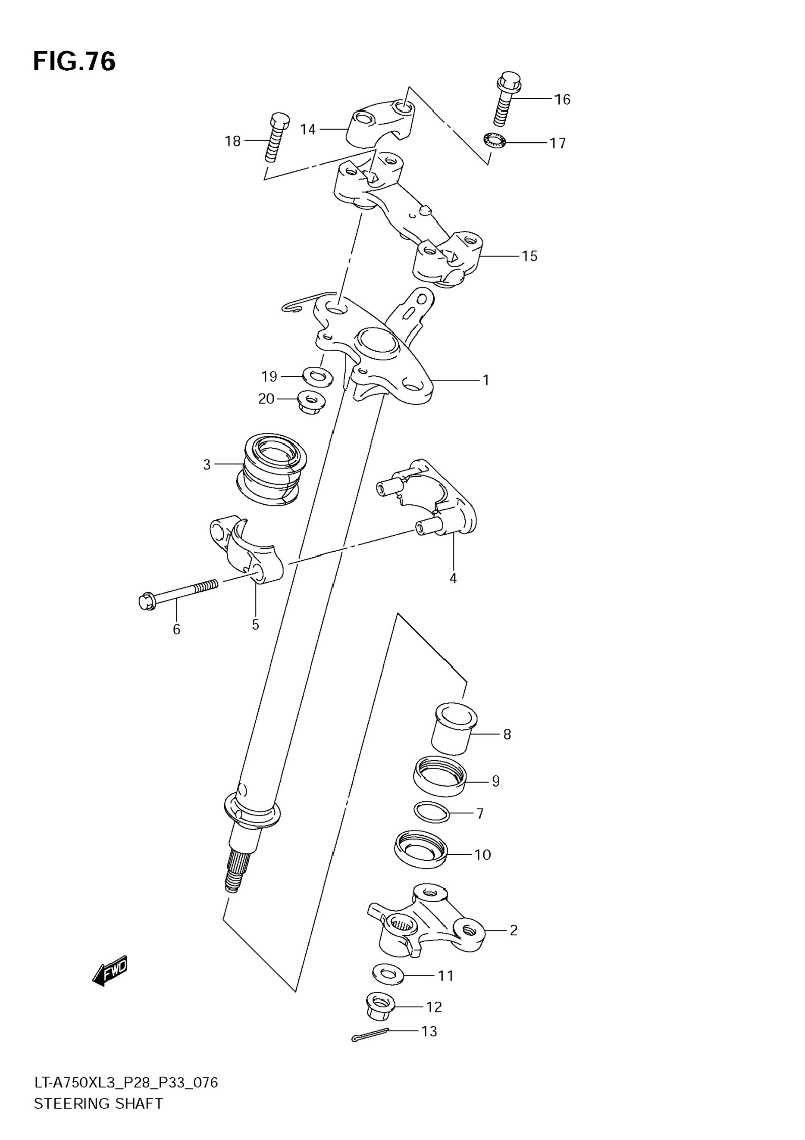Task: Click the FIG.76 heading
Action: click(x=75, y=62)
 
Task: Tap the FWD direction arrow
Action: click(x=110, y=970)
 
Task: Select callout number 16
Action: click(x=562, y=100)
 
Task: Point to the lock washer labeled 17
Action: click(x=494, y=141)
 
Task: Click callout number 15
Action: click(x=529, y=256)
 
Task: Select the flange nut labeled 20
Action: click(x=310, y=401)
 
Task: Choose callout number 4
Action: click(x=453, y=578)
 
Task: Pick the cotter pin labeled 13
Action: click(x=370, y=1036)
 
